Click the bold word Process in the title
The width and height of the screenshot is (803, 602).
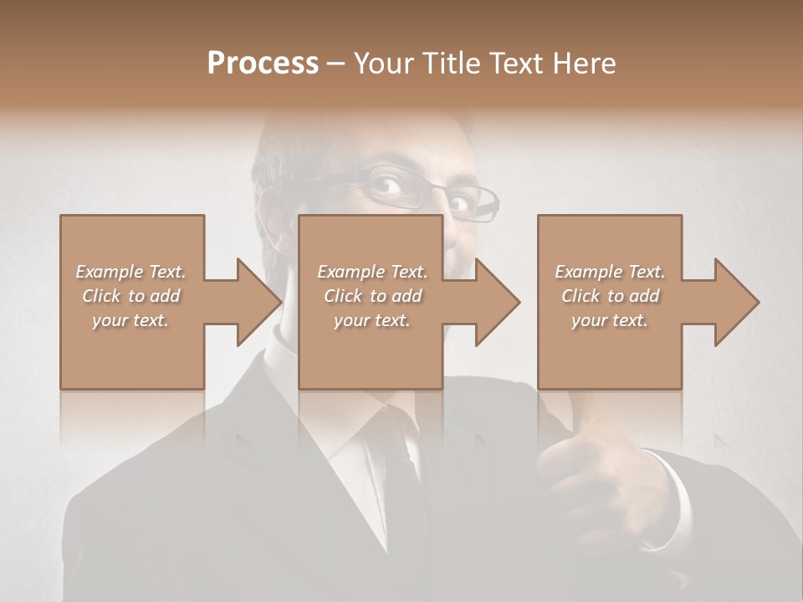coord(263,64)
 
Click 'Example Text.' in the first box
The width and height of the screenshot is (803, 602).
coord(130,272)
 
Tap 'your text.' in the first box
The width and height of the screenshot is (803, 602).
coord(130,320)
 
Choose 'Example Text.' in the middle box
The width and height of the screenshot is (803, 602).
coord(372,272)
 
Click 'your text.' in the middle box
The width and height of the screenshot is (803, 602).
coord(372,320)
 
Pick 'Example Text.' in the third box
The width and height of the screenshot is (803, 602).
coord(610,272)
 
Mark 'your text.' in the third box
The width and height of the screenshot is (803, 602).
coord(610,320)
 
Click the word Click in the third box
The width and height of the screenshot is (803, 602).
coord(581,296)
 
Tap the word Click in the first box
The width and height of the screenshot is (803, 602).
coord(101,296)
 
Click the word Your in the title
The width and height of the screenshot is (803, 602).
coord(382,64)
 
